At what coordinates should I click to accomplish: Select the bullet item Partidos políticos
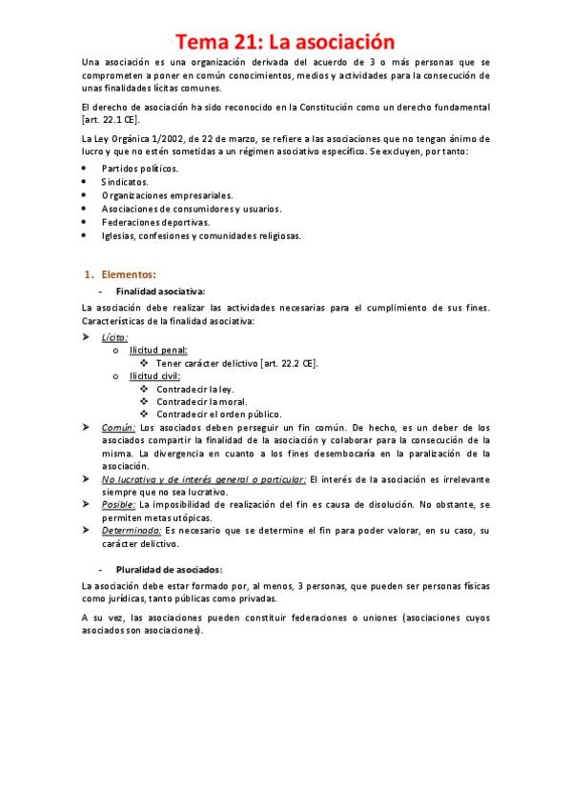139,168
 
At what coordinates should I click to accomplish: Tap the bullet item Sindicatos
126,181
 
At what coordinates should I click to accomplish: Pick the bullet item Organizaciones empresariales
166,194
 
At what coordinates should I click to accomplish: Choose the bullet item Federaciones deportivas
155,222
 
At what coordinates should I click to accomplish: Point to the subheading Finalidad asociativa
160,291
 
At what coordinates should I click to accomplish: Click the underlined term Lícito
114,336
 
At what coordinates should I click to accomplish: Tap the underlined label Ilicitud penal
158,350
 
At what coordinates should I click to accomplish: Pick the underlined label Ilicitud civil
155,376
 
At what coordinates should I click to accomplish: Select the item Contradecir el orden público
218,414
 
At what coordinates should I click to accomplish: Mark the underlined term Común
118,428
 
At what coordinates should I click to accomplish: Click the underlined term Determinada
131,529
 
